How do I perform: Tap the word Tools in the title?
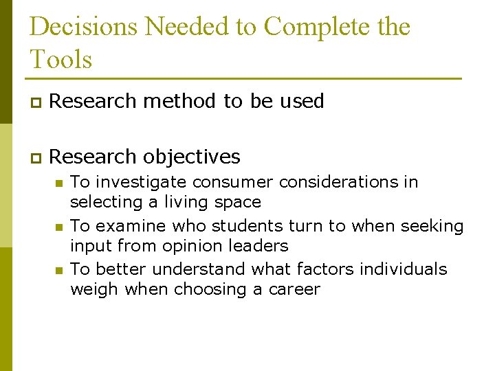[x=60, y=59]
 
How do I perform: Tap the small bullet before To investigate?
[x=59, y=183]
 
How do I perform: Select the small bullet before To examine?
[x=59, y=227]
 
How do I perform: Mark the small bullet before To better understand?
[x=59, y=270]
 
